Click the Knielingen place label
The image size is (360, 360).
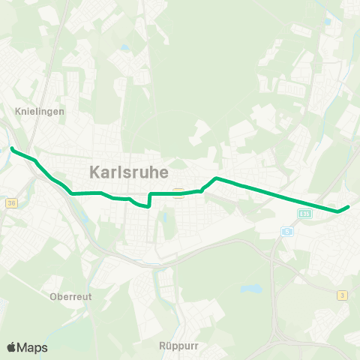[40, 110]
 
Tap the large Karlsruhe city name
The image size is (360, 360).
[128, 171]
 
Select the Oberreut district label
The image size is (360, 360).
[70, 296]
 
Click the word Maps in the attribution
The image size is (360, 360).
[32, 347]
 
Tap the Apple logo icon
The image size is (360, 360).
[11, 347]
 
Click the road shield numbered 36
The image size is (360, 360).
[10, 202]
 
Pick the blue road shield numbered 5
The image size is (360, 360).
[286, 232]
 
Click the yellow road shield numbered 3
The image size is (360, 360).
[342, 295]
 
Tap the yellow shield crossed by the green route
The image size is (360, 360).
[178, 192]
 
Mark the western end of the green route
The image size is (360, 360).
[12, 149]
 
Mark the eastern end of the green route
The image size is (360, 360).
[349, 207]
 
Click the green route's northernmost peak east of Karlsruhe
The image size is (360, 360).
[216, 178]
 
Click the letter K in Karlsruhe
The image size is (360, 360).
[94, 171]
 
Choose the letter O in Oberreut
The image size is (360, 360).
[53, 296]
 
